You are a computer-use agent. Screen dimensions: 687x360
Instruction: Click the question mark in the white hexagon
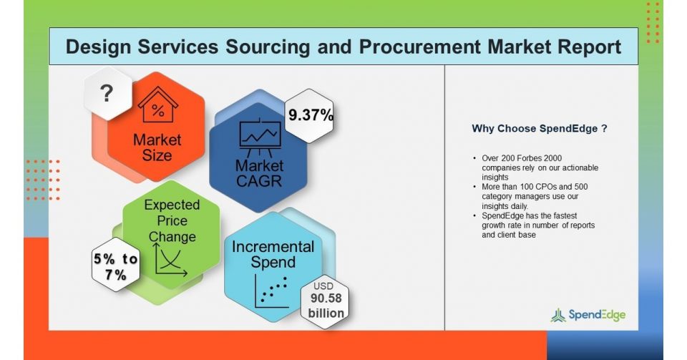coord(107,93)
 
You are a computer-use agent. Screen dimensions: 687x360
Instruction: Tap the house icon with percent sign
coord(158,104)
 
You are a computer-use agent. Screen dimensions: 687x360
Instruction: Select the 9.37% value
coord(311,115)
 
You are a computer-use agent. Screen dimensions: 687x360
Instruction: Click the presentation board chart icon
coord(260,137)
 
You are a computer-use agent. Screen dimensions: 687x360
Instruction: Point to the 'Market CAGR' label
coord(259,173)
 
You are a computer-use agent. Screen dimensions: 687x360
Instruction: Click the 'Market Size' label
coord(157,147)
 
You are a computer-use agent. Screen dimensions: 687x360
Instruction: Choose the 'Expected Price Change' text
coord(172,220)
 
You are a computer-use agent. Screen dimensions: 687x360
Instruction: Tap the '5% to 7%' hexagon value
coord(116,267)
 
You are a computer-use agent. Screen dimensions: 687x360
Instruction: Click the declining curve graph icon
coord(170,260)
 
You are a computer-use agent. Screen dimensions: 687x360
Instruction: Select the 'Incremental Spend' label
coord(273,255)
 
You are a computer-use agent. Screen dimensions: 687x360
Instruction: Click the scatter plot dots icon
coord(272,291)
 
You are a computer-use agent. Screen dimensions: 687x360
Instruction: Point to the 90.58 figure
coord(326,298)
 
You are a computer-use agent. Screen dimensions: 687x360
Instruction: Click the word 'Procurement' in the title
coord(419,47)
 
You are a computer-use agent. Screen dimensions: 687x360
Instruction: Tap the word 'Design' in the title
coord(98,47)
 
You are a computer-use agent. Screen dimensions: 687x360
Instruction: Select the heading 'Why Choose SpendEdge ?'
coord(540,129)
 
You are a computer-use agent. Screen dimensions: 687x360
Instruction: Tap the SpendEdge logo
coord(588,315)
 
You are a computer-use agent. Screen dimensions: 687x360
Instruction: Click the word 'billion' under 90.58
coord(326,313)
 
